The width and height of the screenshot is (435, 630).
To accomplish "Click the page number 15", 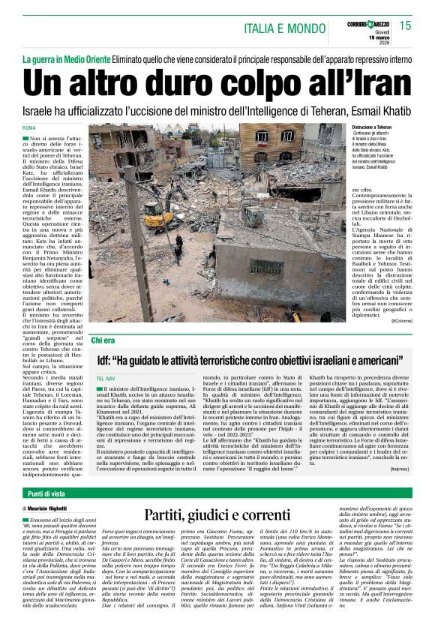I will pos(405,25).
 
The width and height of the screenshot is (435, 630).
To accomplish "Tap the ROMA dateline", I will pos(29,130).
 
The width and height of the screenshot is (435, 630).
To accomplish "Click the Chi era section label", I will pos(103,340).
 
